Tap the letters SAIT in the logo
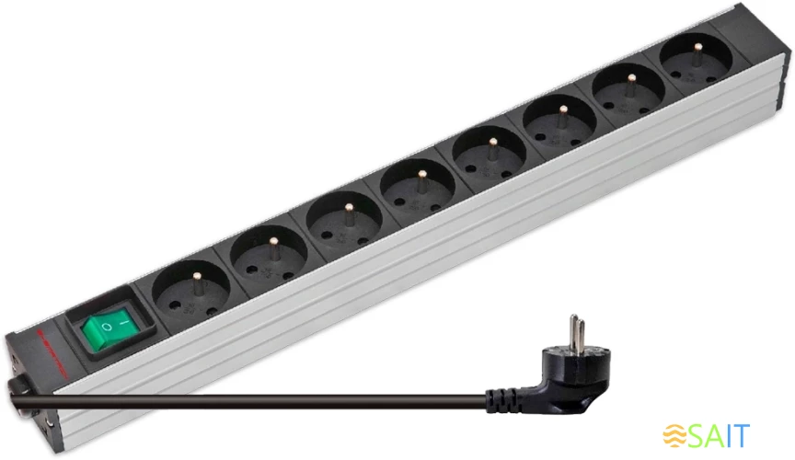[720, 435]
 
